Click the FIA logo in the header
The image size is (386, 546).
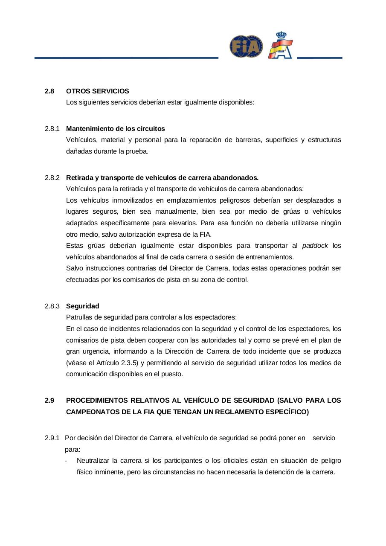(246, 46)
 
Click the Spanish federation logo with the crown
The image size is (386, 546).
(280, 45)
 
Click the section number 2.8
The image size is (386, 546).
(49, 91)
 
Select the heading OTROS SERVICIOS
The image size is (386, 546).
(98, 91)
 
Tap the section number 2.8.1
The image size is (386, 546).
(52, 129)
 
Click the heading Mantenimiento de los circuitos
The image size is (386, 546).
(116, 129)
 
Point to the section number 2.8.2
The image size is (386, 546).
(52, 177)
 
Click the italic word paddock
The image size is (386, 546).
(315, 246)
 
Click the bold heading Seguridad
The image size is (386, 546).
(83, 306)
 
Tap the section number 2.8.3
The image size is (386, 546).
(52, 306)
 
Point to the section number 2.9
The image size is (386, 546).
(49, 401)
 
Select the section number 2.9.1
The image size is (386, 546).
(52, 438)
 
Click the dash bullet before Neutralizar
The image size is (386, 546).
(66, 461)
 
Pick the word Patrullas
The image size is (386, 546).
(79, 317)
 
